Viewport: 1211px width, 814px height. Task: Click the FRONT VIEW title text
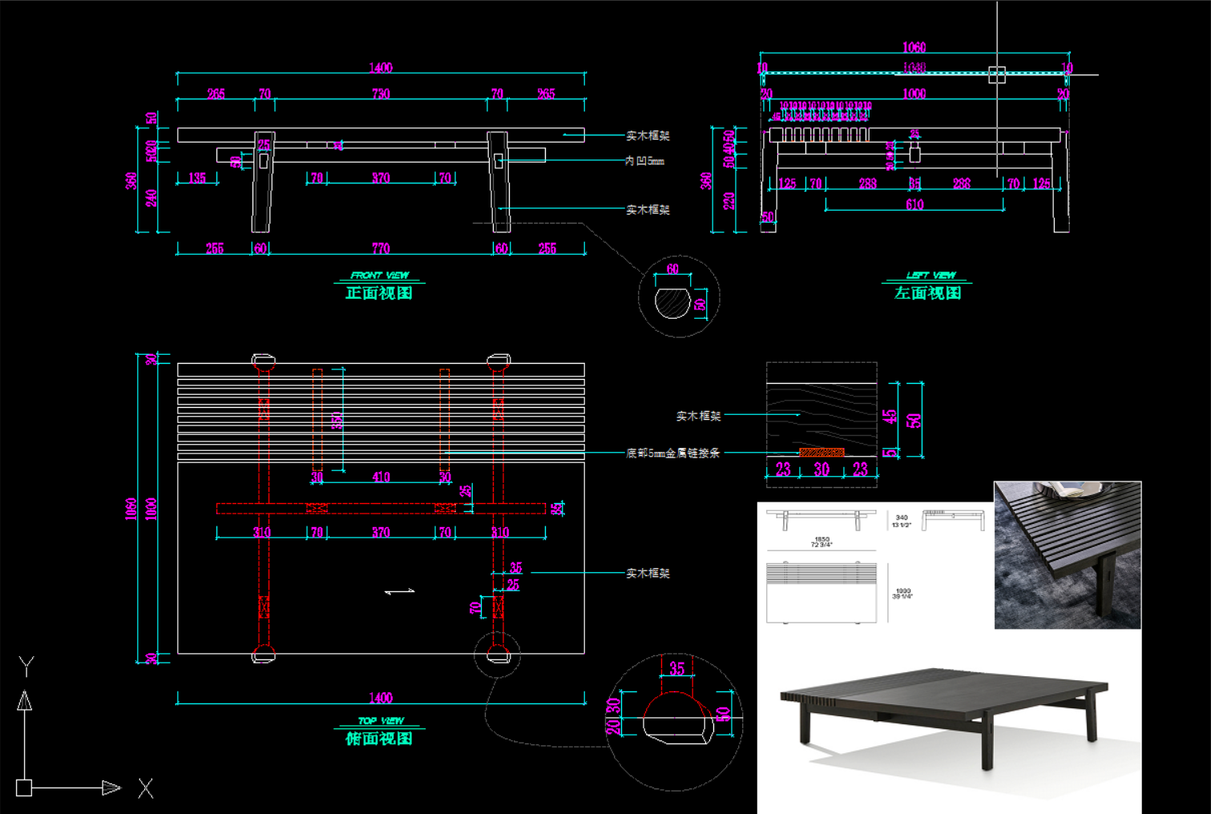point(379,275)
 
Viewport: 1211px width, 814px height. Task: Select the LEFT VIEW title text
point(930,275)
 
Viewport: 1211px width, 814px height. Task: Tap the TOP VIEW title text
point(381,720)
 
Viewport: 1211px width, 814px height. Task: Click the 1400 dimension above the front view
point(381,68)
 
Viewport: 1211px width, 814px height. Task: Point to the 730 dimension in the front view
point(381,94)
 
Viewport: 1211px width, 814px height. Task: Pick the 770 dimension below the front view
point(381,248)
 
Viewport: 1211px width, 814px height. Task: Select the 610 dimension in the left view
point(914,204)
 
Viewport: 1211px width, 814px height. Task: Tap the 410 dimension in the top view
point(381,478)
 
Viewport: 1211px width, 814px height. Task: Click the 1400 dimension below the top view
point(381,698)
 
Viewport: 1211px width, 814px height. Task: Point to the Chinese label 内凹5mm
point(644,161)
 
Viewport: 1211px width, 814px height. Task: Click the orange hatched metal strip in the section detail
point(821,453)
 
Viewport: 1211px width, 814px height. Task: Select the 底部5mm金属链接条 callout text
point(672,453)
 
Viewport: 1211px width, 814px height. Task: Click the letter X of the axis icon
point(145,788)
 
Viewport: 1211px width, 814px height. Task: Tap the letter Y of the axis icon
point(26,666)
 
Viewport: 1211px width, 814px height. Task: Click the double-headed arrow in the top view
point(400,591)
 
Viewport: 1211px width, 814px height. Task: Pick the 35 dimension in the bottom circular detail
point(677,668)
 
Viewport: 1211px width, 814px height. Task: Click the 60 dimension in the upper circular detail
point(672,269)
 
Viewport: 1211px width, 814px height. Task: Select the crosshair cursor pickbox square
point(997,75)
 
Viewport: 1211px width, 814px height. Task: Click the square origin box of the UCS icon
point(24,788)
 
